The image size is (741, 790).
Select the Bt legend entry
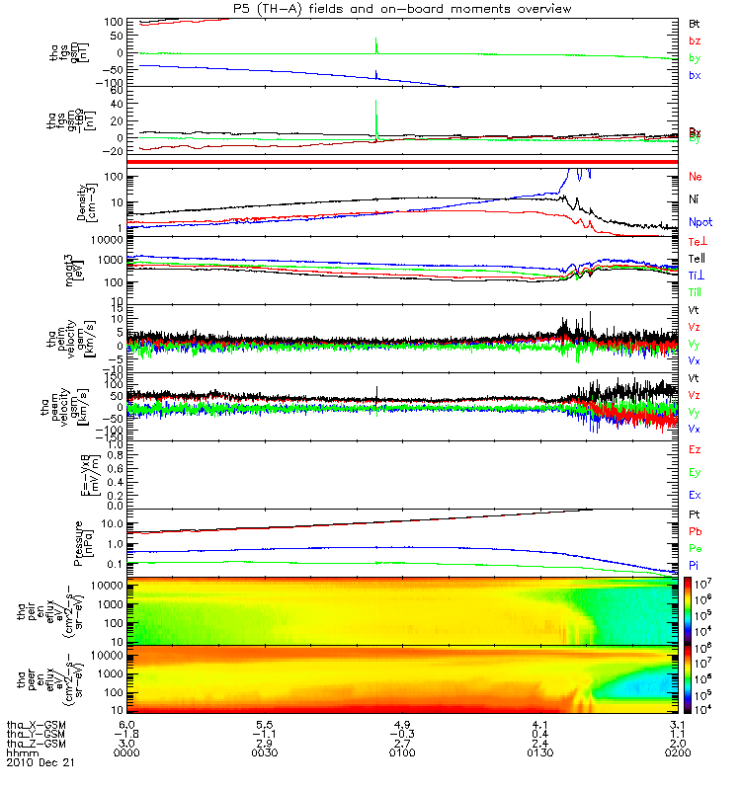point(695,22)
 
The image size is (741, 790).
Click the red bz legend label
point(695,40)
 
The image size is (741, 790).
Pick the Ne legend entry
point(696,177)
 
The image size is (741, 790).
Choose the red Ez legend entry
point(696,449)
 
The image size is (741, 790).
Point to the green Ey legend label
point(696,472)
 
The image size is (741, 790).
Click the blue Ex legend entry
point(696,495)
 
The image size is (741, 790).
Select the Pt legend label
point(695,516)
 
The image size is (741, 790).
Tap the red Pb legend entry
point(696,532)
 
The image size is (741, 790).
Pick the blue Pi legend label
point(695,564)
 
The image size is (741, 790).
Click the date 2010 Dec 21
point(41,763)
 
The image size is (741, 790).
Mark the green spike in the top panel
point(376,45)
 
